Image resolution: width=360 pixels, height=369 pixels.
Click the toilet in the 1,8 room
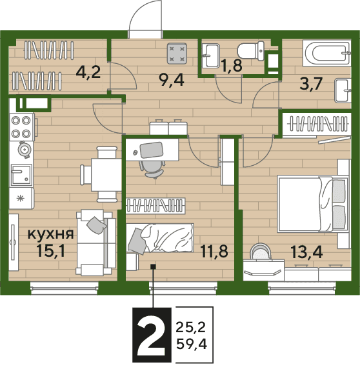point(251,51)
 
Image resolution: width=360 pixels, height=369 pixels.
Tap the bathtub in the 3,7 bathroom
point(327,53)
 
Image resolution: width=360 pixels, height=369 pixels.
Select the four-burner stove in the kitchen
point(22,127)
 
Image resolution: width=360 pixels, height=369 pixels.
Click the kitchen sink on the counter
point(21,175)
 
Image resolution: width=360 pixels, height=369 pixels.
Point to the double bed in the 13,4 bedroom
point(312,204)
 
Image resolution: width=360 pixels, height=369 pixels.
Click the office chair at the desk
point(152,169)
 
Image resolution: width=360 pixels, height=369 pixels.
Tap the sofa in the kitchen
point(96,243)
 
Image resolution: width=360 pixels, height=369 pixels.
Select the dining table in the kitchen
point(106,175)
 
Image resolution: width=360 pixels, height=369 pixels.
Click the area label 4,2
point(88,72)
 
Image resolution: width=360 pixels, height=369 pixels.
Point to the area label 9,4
point(172,80)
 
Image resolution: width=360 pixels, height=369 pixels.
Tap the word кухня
point(51,234)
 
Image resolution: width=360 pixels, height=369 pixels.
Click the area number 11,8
point(214,251)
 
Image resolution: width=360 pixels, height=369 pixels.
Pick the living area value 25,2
point(191,327)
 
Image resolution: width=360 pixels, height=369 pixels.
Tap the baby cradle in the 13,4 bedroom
point(260,252)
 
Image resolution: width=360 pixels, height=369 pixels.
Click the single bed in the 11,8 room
point(160,237)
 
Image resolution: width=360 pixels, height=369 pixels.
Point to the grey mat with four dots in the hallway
point(177,54)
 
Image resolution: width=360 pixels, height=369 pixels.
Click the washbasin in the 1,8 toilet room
point(211,55)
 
